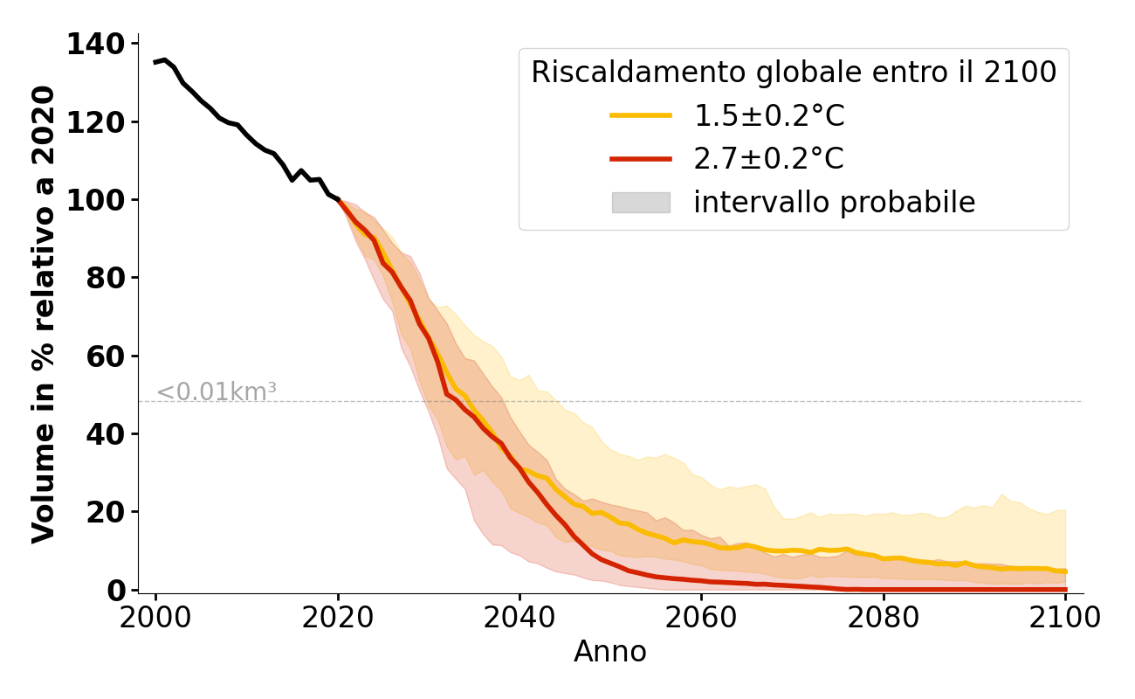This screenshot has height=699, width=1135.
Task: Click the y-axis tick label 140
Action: coord(96,45)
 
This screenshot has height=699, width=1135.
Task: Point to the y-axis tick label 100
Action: coord(96,201)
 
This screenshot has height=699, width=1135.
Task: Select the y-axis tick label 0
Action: coord(116,591)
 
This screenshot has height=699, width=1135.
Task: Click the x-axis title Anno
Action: coord(610,653)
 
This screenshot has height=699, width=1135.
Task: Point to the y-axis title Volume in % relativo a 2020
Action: coord(45,315)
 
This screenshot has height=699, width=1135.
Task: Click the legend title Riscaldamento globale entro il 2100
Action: coord(794,73)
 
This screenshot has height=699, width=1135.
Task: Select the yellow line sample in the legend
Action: coord(641,115)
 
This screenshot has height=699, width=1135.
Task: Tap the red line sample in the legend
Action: coord(641,159)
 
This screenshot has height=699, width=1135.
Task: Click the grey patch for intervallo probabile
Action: coord(641,203)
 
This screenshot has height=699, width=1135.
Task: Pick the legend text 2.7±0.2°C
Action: coord(769,159)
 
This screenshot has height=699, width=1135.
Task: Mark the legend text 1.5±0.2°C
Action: coord(769,115)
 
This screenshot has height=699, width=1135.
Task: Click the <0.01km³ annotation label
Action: coord(217,392)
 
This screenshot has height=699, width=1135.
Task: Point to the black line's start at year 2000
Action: coord(156,62)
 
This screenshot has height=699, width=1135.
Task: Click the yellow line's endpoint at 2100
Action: coord(1064,571)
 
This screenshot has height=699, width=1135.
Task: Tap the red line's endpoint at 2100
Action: coord(1064,590)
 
